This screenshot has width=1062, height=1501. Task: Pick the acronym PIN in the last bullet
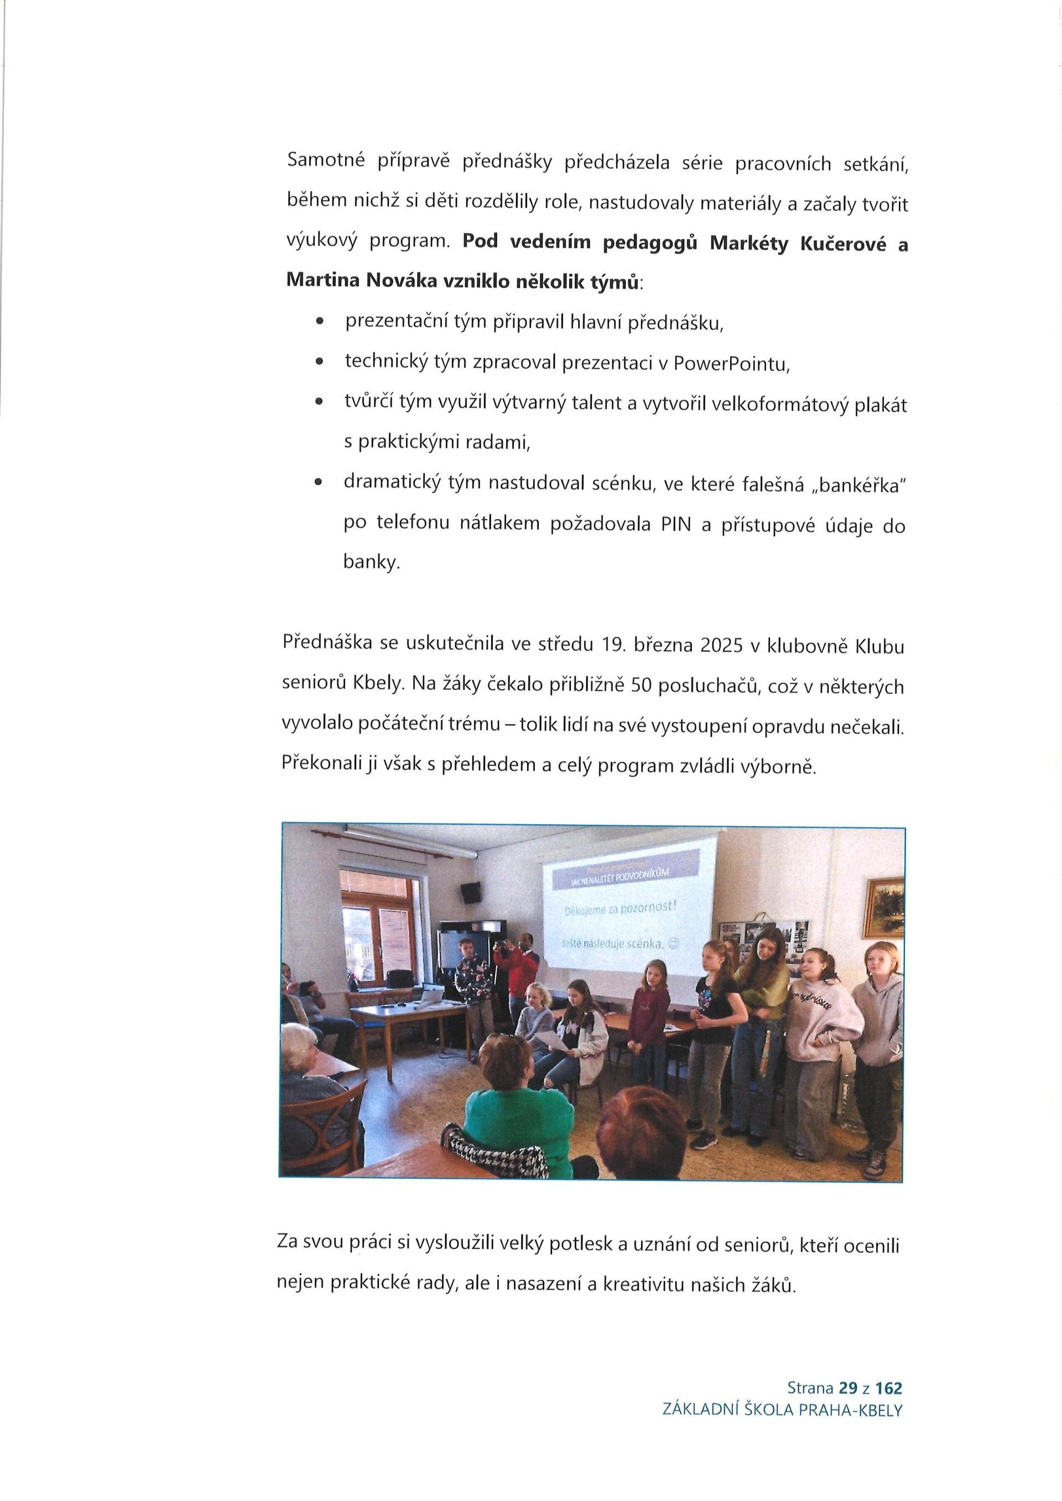(x=675, y=525)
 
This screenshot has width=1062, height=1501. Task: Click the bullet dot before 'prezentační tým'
(x=319, y=323)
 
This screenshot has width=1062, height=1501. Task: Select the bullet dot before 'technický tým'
(x=319, y=362)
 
